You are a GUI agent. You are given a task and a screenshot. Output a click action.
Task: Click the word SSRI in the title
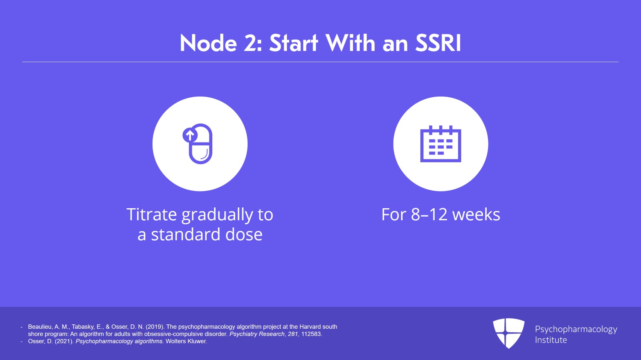point(438,43)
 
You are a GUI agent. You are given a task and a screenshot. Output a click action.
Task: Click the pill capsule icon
point(200,144)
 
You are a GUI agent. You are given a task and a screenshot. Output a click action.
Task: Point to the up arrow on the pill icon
point(190,135)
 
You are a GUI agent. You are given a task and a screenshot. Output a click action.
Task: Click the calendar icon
point(441,144)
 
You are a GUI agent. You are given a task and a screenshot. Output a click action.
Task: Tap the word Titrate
point(151,215)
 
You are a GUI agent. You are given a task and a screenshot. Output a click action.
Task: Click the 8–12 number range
point(429,215)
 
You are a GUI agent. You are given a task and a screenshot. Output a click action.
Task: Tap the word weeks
point(476,215)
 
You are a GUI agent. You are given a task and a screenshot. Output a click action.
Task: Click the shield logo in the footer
point(508,333)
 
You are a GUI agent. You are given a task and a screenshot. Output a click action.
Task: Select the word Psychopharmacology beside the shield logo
point(576,329)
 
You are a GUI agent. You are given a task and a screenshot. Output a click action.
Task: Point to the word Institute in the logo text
point(551,340)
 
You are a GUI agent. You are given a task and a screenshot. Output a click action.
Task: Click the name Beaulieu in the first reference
point(40,327)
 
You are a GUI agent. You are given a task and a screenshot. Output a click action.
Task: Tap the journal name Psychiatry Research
point(257,334)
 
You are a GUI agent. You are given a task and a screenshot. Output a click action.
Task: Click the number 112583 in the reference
point(311,334)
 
